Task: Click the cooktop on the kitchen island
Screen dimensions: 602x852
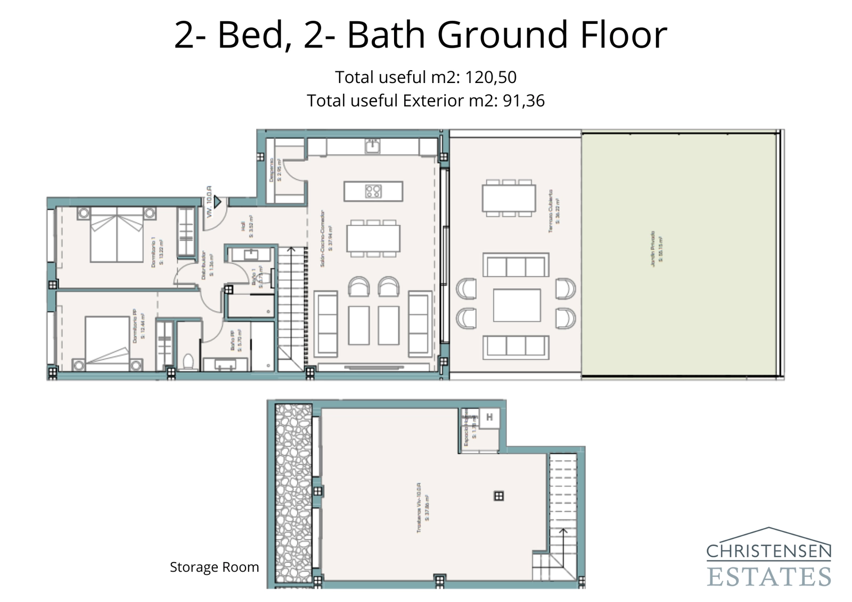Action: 373,191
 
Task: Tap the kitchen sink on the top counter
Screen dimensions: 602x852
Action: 372,145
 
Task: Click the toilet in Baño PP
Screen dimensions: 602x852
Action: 187,361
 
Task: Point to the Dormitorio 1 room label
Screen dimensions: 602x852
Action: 156,252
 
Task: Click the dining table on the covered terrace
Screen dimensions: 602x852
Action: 509,198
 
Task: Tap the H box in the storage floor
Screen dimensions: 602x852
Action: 489,417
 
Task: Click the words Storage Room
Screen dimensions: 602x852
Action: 214,567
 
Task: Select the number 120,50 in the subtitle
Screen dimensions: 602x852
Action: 490,78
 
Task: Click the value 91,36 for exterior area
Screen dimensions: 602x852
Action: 523,101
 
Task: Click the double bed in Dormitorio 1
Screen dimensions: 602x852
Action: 117,235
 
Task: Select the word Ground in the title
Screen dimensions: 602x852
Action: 503,35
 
